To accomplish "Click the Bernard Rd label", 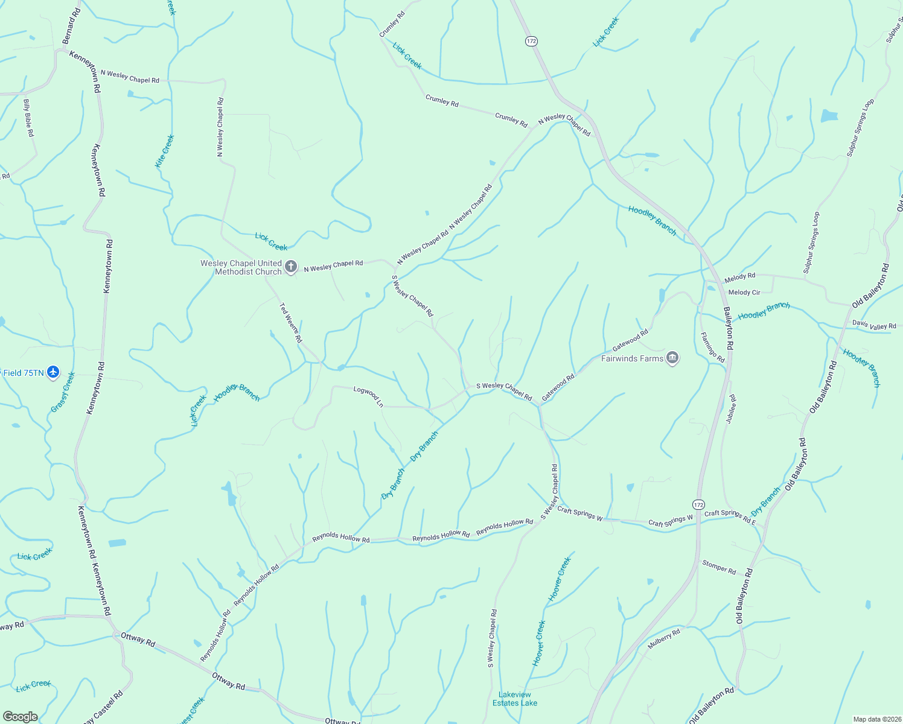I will [x=71, y=26].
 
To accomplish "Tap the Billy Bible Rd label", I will [x=28, y=118].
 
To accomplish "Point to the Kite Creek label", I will [x=164, y=151].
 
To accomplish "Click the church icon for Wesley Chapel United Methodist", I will [x=291, y=267].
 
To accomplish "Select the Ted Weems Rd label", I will [x=290, y=323].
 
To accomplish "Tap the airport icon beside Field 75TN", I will [x=53, y=372].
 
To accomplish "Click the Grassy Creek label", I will [x=63, y=393].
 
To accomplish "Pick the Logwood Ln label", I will [x=368, y=396].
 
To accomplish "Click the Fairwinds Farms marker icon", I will [x=672, y=358].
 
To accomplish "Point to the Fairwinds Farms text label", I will [x=632, y=358].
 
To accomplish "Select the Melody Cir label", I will [x=744, y=293].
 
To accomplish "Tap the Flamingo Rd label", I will [x=712, y=347].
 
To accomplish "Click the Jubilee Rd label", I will [x=732, y=409].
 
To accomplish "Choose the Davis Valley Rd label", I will [x=874, y=325].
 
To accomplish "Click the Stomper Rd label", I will [x=719, y=567].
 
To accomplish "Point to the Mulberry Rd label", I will [x=664, y=639].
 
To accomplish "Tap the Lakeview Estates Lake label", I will [x=515, y=699].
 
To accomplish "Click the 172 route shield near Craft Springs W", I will [x=698, y=504].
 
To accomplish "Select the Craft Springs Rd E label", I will [x=730, y=516].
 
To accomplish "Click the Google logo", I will [x=21, y=716].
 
